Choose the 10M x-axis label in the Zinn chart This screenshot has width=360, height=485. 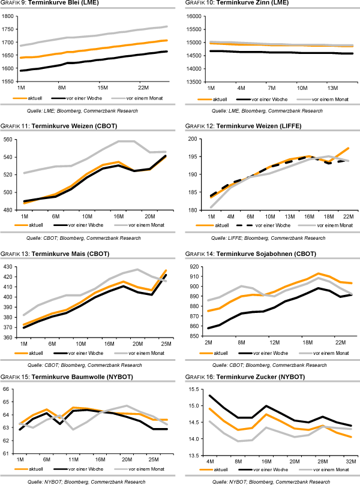pyautogui.click(x=302, y=88)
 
